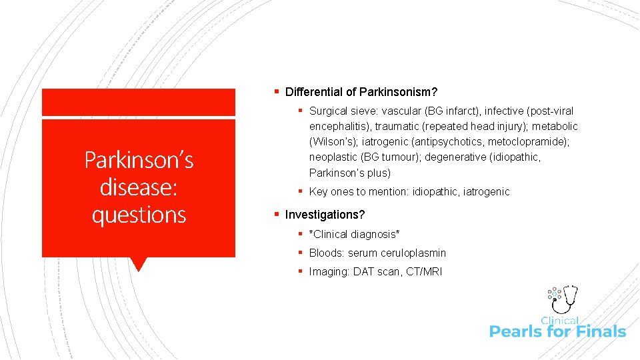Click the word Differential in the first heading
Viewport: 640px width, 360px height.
312,91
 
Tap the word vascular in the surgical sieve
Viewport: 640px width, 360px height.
397,111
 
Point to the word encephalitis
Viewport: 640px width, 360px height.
339,127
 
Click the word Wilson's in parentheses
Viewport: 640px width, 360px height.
331,142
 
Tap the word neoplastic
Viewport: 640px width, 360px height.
335,158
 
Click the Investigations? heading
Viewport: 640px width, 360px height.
325,215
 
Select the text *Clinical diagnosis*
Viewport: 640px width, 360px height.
354,235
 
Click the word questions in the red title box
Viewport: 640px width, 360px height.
139,215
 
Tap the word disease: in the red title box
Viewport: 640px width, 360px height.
139,187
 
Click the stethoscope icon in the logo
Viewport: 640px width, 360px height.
568,299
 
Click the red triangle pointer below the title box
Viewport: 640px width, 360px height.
139,264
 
